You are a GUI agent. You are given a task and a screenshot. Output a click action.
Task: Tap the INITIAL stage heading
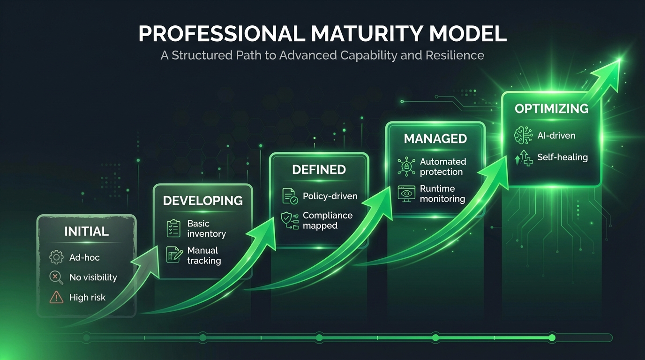tap(86, 231)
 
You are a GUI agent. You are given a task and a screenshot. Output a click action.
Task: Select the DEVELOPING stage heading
tap(203, 201)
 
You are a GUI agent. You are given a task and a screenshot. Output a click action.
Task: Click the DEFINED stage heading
tap(319, 169)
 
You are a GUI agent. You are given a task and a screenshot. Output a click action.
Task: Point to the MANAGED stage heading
tap(435, 139)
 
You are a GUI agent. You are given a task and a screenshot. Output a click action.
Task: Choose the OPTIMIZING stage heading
tap(551, 109)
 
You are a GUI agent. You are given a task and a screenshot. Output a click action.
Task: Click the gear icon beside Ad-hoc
tap(56, 257)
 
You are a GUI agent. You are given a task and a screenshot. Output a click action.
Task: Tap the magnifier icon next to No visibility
tap(56, 277)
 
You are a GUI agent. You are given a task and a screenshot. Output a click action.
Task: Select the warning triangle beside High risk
tap(56, 297)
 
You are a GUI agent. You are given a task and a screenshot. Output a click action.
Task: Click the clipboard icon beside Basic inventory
tap(173, 228)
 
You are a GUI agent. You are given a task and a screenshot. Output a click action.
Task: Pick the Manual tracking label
tap(204, 255)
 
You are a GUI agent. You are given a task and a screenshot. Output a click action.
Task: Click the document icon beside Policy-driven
tap(290, 196)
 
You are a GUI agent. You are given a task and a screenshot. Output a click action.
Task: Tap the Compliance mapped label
tap(327, 220)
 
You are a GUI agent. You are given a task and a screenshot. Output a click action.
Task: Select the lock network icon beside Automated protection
tap(406, 166)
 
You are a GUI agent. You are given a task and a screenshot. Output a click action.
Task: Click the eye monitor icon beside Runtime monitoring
tap(406, 193)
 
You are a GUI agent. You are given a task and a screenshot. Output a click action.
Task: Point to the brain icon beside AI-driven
tap(523, 135)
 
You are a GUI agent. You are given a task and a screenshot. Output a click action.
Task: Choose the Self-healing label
tap(562, 157)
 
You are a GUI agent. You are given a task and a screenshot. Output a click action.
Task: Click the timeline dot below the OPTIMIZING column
tap(552, 337)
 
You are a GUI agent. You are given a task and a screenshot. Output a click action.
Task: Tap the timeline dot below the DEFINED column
tap(319, 337)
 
